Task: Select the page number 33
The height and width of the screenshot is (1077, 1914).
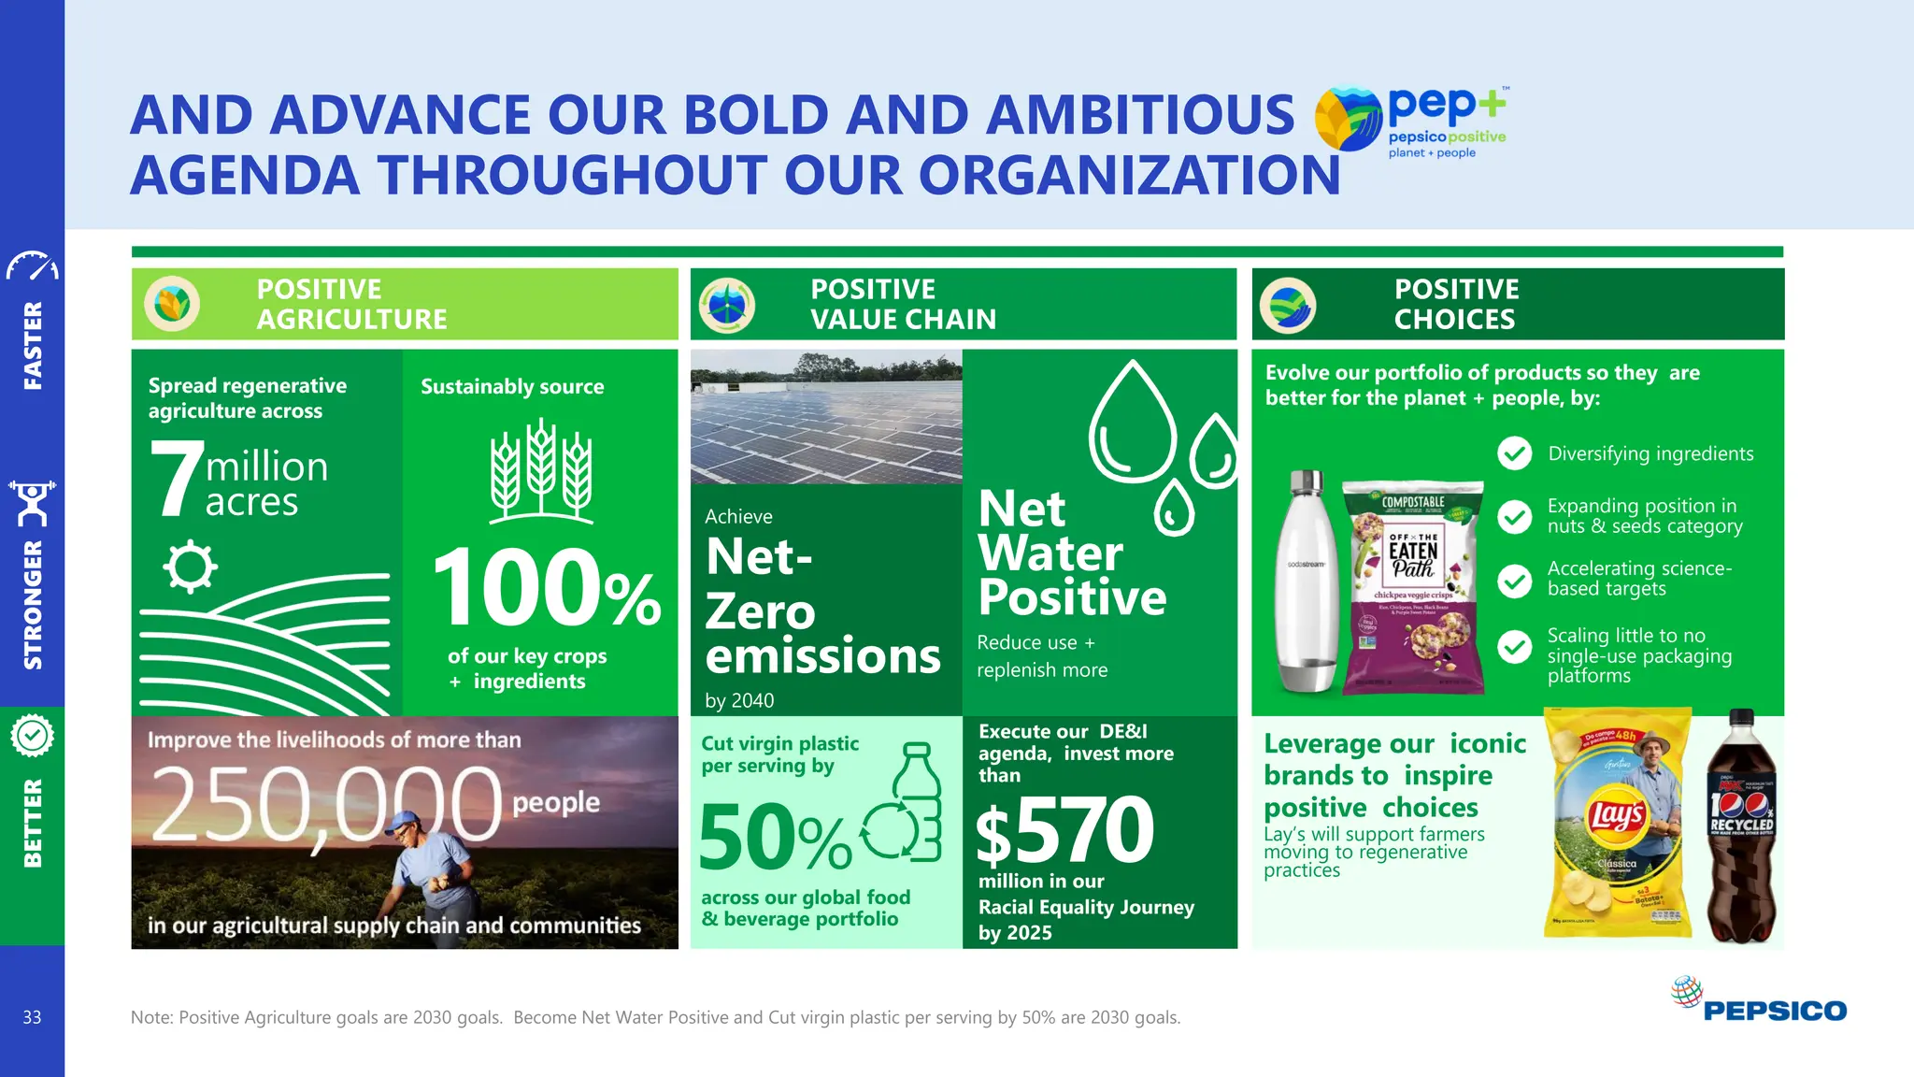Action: click(x=32, y=1017)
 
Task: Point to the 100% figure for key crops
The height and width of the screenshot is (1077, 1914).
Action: click(x=547, y=589)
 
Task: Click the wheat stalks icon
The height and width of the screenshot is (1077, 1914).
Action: click(x=541, y=470)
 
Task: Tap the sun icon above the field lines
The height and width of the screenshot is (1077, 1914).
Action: click(x=190, y=566)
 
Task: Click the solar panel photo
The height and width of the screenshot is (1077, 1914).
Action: click(x=826, y=417)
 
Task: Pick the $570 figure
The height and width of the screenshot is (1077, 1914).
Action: click(x=1065, y=830)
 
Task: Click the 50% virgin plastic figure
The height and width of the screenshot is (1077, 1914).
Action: click(x=774, y=837)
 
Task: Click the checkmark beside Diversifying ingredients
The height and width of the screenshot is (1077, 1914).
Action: click(x=1514, y=453)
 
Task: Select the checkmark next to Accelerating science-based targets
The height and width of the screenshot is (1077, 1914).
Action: click(x=1514, y=581)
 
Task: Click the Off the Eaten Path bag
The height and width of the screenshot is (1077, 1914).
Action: click(x=1413, y=587)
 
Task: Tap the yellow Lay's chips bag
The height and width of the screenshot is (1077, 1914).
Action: click(x=1618, y=823)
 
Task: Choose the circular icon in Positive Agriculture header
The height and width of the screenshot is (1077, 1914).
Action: click(x=172, y=304)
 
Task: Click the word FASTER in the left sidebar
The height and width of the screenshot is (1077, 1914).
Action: click(x=33, y=345)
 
